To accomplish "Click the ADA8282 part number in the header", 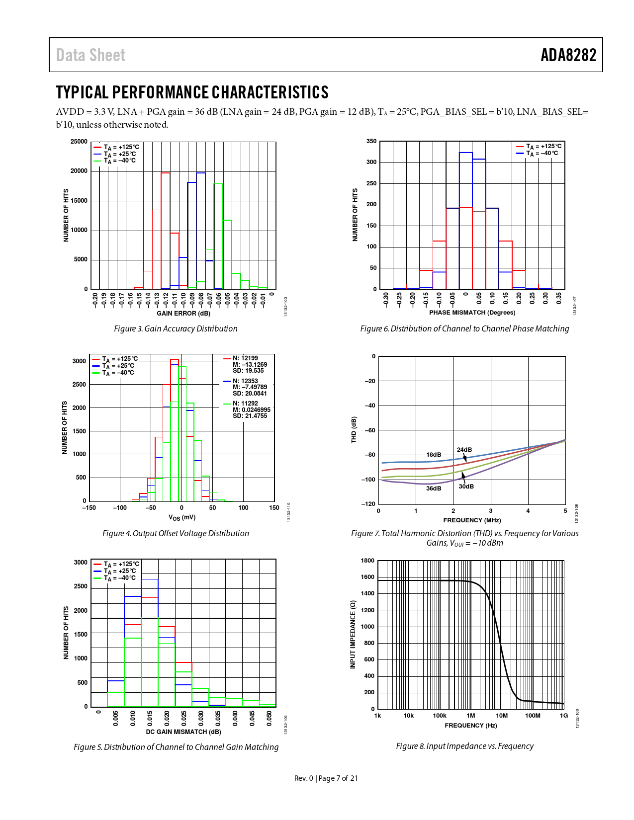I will pos(568,55).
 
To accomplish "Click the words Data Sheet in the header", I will pos(91,55).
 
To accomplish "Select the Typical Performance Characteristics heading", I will pos(192,92).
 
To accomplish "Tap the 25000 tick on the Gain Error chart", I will pos(79,142).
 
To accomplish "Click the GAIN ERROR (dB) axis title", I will pos(183,314).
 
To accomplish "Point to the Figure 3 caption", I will pos(176,328).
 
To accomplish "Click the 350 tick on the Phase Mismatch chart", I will pos(371,141).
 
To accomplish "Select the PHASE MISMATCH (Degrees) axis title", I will pos(472,313).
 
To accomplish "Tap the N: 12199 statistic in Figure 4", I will pos(246,358).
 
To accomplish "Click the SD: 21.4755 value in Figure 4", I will pos(250,416).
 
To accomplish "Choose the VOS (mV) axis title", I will pos(182,517).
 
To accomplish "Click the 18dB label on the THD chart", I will pos(434,455).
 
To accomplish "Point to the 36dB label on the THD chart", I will pos(434,489).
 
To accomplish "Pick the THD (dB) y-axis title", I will pos(354,430).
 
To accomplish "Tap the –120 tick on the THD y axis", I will pos(368,504).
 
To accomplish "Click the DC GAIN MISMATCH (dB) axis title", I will pos(183,732).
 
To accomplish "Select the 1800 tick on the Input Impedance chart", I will pos(368,561).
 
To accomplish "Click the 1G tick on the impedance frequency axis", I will pos(564,716).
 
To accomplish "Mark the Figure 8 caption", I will pos(464,746).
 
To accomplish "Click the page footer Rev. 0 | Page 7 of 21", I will pos(326,778).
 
